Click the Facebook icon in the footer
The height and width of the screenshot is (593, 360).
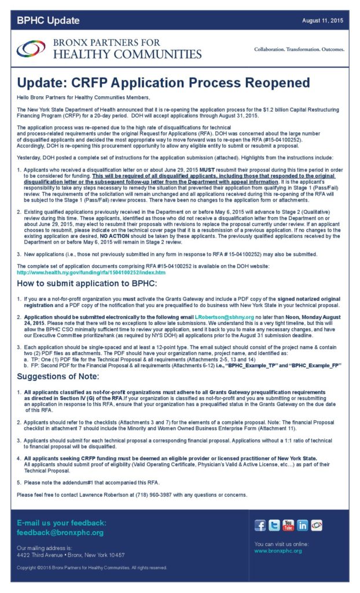(x=260, y=526)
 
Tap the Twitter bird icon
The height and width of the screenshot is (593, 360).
(x=274, y=526)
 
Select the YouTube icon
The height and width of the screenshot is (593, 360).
(x=288, y=526)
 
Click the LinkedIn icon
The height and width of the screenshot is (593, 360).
(x=302, y=526)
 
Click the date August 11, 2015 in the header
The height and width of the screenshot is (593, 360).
(x=322, y=21)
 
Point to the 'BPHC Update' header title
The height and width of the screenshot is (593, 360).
(x=48, y=21)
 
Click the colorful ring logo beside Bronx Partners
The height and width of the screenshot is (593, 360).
(x=31, y=49)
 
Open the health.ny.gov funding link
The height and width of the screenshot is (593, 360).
(x=91, y=272)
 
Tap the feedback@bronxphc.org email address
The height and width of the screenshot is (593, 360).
(x=60, y=533)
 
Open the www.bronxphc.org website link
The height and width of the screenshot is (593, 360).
(x=278, y=551)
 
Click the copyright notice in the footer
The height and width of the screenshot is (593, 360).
(x=93, y=568)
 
